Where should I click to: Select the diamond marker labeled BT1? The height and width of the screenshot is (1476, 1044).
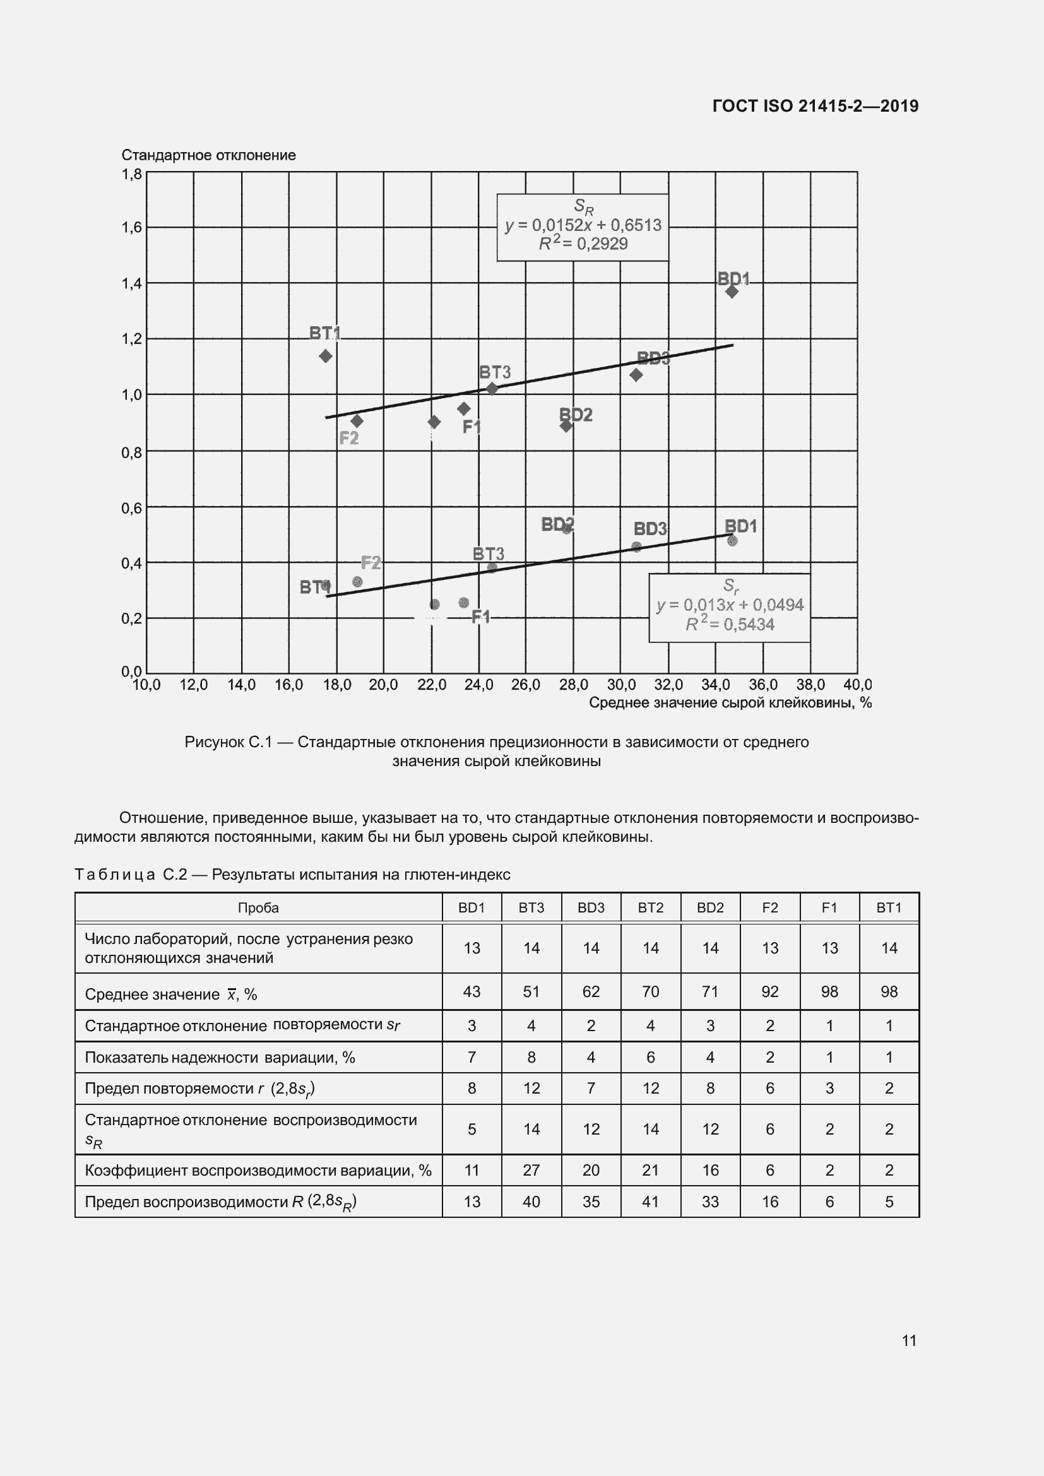[325, 356]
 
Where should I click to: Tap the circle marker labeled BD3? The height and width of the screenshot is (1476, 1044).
[636, 547]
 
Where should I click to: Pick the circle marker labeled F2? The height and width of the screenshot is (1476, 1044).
[357, 582]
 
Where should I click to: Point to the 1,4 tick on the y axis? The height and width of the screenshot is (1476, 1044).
[132, 283]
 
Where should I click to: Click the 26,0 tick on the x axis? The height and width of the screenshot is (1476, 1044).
[525, 685]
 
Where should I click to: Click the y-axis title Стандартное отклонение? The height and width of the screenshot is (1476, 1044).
[208, 156]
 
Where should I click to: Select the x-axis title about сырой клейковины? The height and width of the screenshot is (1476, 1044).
[730, 703]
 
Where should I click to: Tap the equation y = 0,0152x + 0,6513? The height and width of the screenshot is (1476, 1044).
[583, 226]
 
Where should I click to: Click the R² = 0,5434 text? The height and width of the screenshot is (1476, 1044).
[729, 625]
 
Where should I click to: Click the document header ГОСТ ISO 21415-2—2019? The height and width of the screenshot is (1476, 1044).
[815, 106]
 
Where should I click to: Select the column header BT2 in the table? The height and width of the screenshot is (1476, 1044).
[650, 907]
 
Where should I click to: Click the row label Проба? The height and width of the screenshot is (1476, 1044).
[258, 907]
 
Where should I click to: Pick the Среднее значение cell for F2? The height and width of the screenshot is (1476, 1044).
[769, 992]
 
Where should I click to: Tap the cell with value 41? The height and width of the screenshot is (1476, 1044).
[650, 1202]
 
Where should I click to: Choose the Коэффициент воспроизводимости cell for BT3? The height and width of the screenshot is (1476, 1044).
[531, 1170]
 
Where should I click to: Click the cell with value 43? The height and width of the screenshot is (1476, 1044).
[472, 992]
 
